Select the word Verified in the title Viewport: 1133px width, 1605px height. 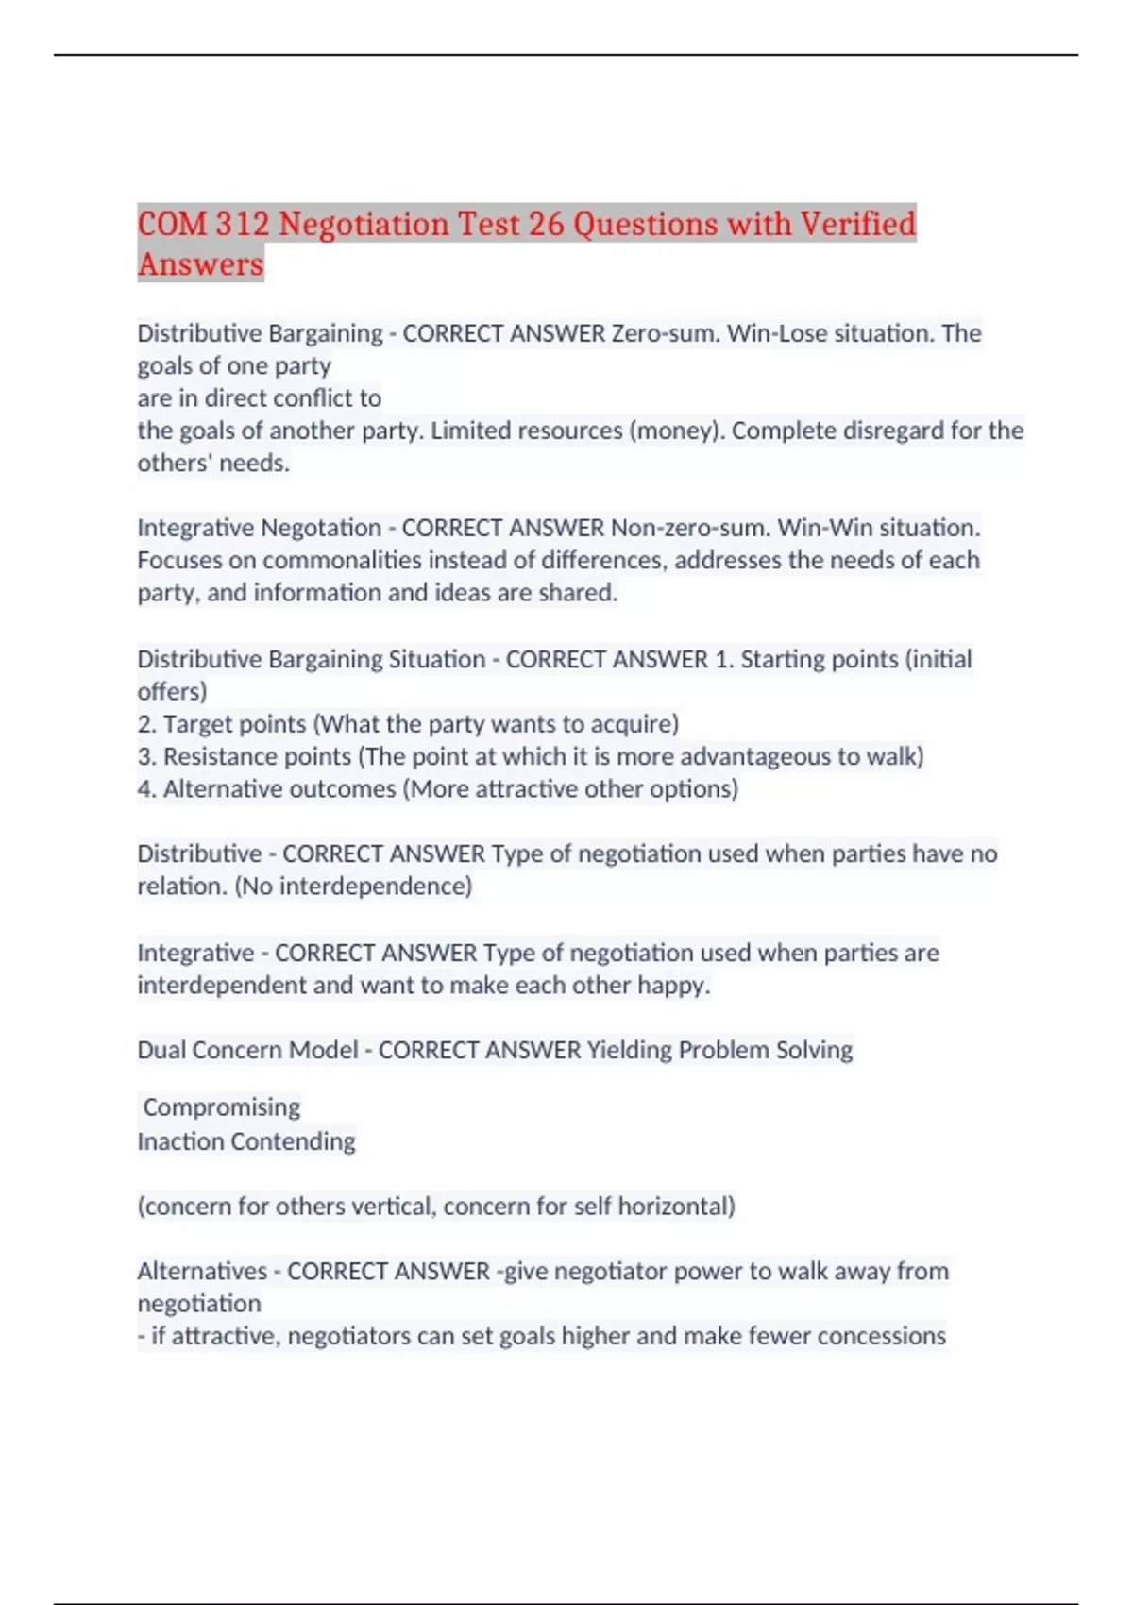(857, 225)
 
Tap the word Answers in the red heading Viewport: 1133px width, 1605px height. (200, 264)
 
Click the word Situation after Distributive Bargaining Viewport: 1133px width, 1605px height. (436, 659)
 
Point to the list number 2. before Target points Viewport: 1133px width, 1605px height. (146, 724)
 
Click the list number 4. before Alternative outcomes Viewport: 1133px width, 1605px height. (146, 788)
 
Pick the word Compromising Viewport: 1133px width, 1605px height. (222, 1107)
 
